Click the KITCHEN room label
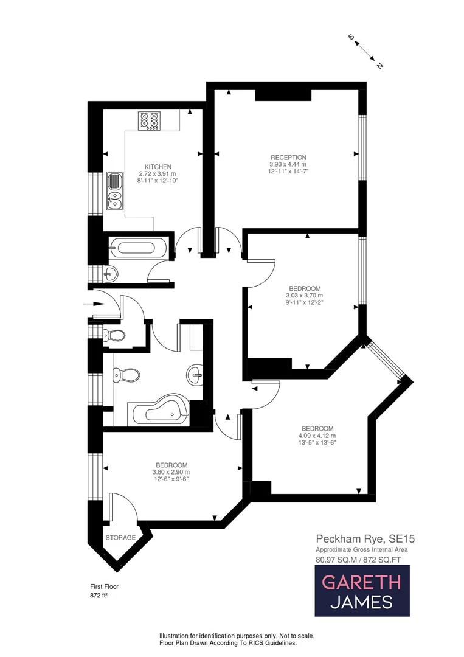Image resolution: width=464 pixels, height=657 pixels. pyautogui.click(x=158, y=167)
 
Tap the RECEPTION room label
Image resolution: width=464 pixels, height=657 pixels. pyautogui.click(x=288, y=158)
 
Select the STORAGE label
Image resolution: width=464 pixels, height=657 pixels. pyautogui.click(x=120, y=538)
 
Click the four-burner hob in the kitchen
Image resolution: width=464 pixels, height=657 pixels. pyautogui.click(x=149, y=120)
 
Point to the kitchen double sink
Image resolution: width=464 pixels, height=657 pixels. pyautogui.click(x=114, y=191)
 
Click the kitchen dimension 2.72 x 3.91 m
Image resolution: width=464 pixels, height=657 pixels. pyautogui.click(x=158, y=174)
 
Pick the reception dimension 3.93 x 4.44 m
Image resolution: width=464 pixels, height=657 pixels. pyautogui.click(x=288, y=164)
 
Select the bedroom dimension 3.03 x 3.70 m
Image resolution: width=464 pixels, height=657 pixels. pyautogui.click(x=305, y=295)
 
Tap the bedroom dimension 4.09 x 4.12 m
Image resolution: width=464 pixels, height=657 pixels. pyautogui.click(x=317, y=436)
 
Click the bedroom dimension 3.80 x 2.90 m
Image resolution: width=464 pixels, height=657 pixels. pyautogui.click(x=171, y=472)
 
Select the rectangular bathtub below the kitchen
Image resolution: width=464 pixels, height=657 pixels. pyautogui.click(x=137, y=248)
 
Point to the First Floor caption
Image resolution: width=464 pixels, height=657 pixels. pyautogui.click(x=104, y=586)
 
